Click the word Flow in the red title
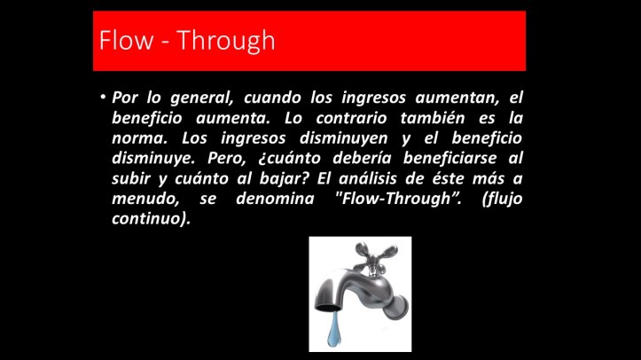[x=121, y=41]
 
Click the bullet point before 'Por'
[x=103, y=97]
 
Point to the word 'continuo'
[x=149, y=219]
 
